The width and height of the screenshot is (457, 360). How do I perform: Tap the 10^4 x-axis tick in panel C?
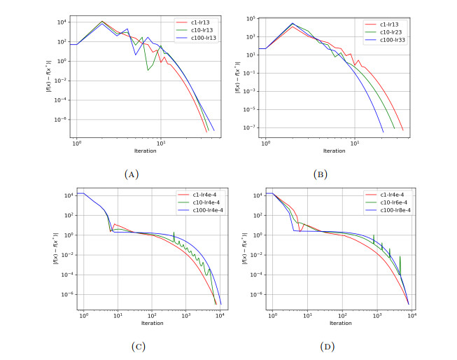click(x=220, y=315)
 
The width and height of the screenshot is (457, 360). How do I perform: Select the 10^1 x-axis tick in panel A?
click(x=160, y=143)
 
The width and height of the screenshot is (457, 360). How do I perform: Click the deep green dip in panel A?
click(x=148, y=70)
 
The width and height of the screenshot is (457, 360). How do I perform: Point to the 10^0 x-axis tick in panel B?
click(x=265, y=143)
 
